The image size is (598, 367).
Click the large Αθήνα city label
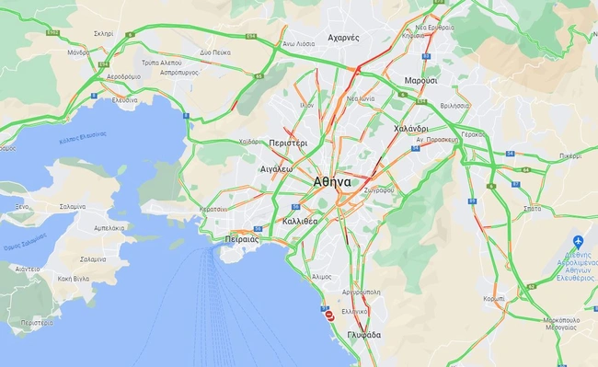pos(331,181)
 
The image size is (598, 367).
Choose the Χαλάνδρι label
pos(410,129)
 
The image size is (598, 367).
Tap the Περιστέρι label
pos(289,144)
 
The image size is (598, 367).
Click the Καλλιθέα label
pos(301,222)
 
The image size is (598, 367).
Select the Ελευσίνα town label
pos(123,99)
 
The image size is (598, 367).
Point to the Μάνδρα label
pos(79,53)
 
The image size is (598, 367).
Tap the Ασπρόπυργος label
pos(180,71)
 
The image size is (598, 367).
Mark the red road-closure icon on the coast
pos(329,315)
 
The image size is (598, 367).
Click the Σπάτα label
pos(531,209)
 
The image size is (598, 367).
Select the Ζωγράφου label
pos(379,189)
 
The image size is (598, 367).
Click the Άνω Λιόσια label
pos(299,42)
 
